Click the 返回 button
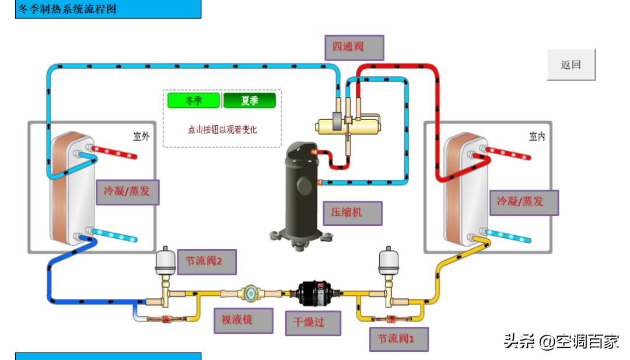[571, 65]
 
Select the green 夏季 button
[249, 100]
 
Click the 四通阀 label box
[354, 47]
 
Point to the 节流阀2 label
[207, 261]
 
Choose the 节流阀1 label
[399, 338]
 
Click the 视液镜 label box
[243, 320]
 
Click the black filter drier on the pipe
[314, 291]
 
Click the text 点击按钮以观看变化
[222, 130]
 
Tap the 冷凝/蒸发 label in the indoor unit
[524, 202]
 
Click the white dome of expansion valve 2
[169, 259]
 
